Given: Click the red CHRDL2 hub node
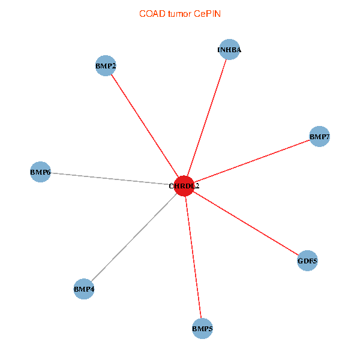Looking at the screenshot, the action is [x=184, y=186].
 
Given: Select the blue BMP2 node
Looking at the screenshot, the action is [x=106, y=65].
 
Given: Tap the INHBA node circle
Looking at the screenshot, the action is [x=230, y=49].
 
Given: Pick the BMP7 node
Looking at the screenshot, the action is [x=319, y=136].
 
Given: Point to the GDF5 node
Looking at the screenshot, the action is [x=307, y=260].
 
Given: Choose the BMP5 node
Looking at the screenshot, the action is [x=202, y=329].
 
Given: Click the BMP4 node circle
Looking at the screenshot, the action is [x=84, y=289].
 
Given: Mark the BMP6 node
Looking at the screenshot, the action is [x=40, y=172].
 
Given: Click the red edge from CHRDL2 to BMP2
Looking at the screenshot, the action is [x=145, y=126].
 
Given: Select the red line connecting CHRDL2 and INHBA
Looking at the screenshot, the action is [x=207, y=118].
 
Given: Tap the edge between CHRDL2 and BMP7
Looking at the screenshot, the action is [x=251, y=161].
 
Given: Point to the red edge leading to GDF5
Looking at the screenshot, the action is [x=245, y=223].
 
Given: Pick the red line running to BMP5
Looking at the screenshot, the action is [x=193, y=257].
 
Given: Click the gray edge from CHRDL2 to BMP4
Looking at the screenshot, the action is [x=134, y=237].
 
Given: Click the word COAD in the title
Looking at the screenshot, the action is [x=152, y=14].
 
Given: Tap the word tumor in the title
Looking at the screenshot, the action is [x=179, y=14].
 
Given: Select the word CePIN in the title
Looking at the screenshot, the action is [x=208, y=14].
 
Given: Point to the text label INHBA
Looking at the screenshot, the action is [x=229, y=50].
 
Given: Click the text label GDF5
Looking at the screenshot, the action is [x=307, y=261].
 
